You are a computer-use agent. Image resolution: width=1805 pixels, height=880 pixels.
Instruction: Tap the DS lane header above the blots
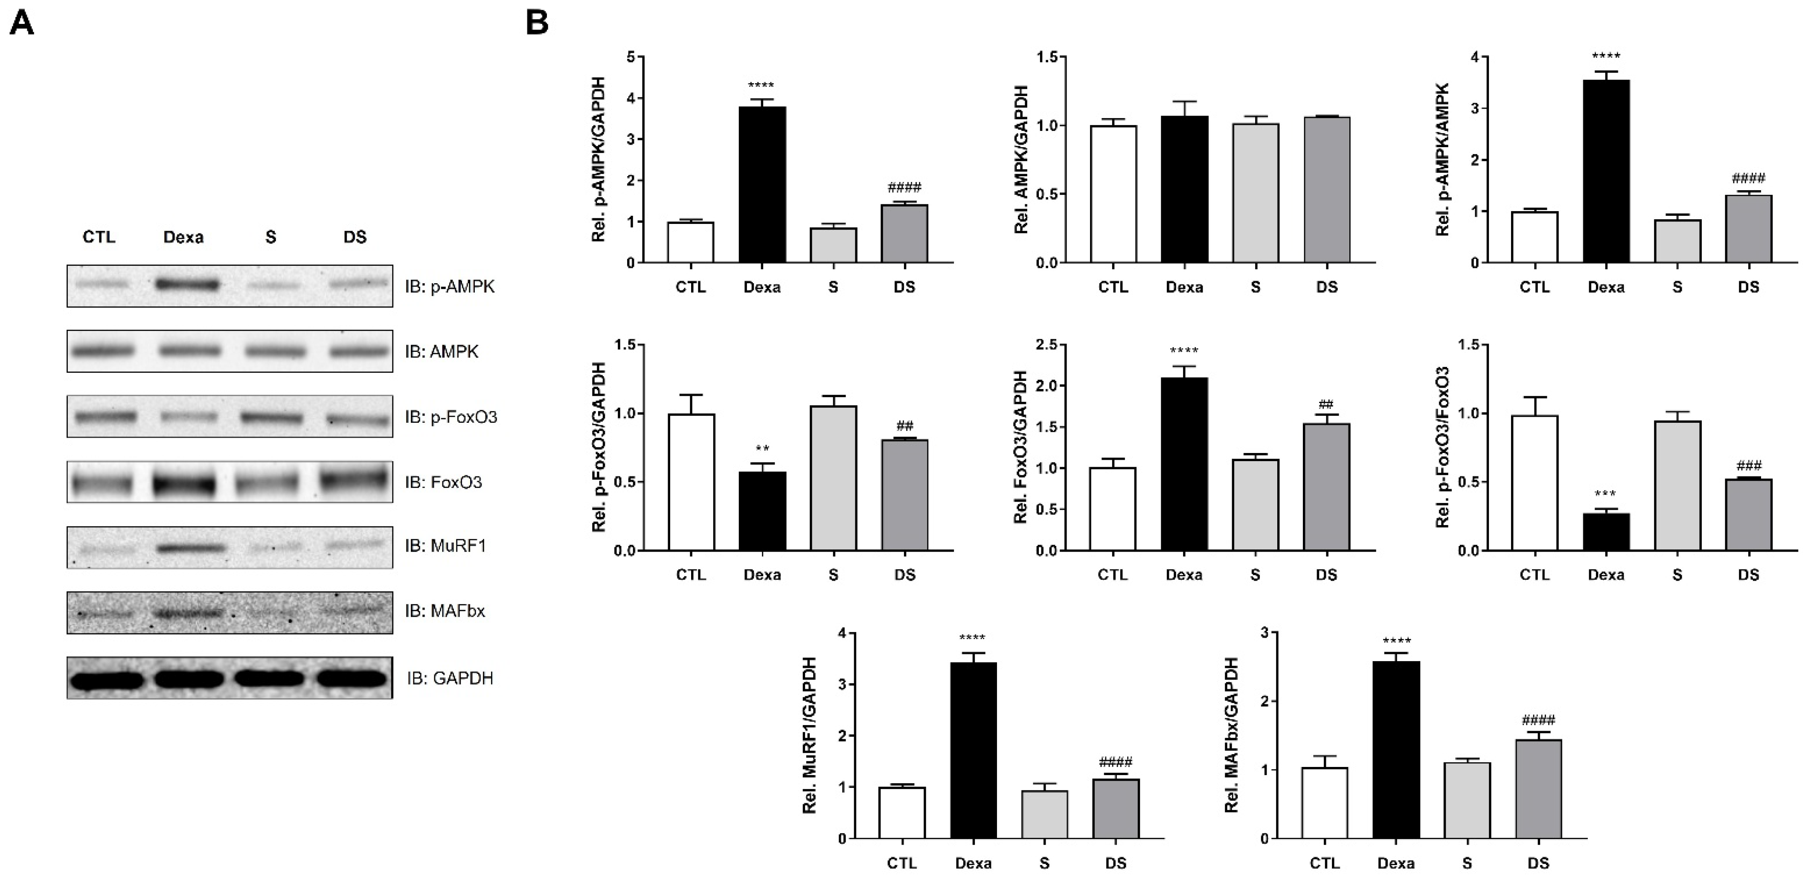(x=355, y=237)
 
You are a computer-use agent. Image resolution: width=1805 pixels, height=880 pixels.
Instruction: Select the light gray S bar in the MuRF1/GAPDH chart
(x=1045, y=814)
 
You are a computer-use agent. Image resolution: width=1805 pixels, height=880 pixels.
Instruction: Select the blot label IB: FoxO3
(x=443, y=482)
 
